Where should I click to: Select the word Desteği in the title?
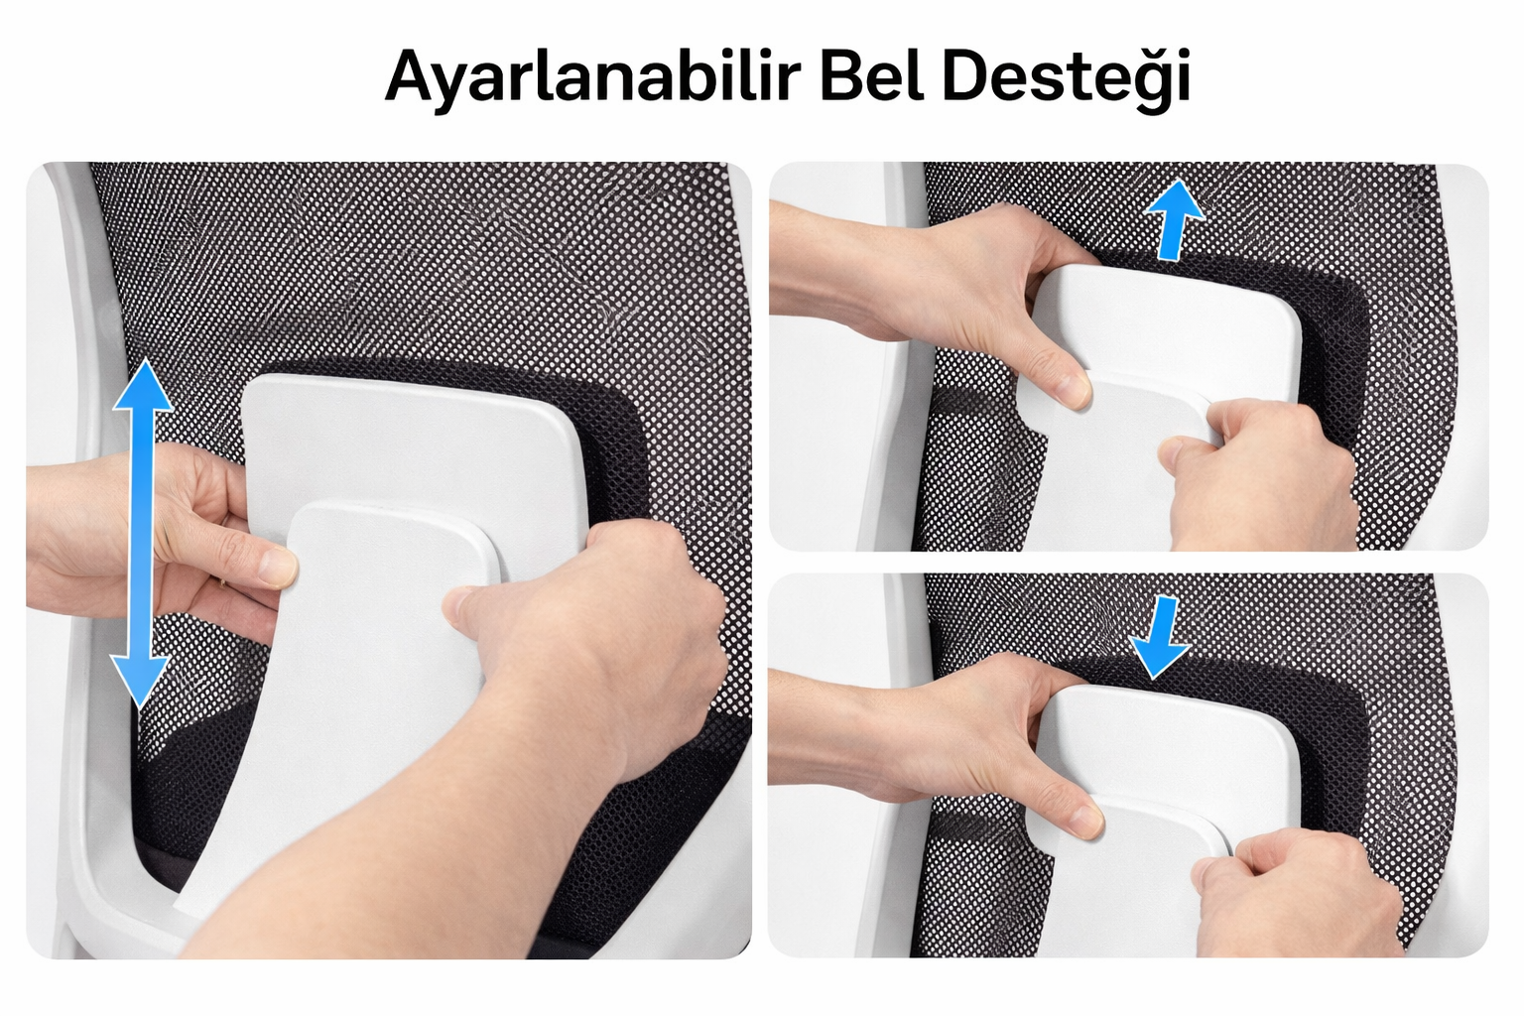(1066, 77)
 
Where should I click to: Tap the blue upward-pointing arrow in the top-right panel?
(1174, 219)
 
